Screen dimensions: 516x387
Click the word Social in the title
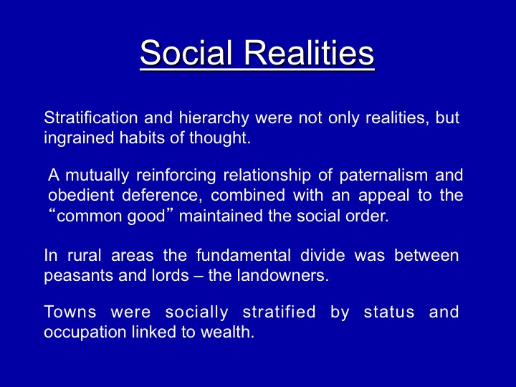186,52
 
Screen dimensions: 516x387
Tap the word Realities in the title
309,52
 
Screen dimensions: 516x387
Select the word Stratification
91,118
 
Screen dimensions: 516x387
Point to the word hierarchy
214,118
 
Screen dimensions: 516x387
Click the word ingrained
79,138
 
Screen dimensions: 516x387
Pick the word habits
142,138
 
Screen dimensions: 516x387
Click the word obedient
81,195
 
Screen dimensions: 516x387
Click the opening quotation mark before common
52,211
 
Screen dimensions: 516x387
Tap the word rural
85,255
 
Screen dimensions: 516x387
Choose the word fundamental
244,255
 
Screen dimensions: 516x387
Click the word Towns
70,312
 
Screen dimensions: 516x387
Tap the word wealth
228,332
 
